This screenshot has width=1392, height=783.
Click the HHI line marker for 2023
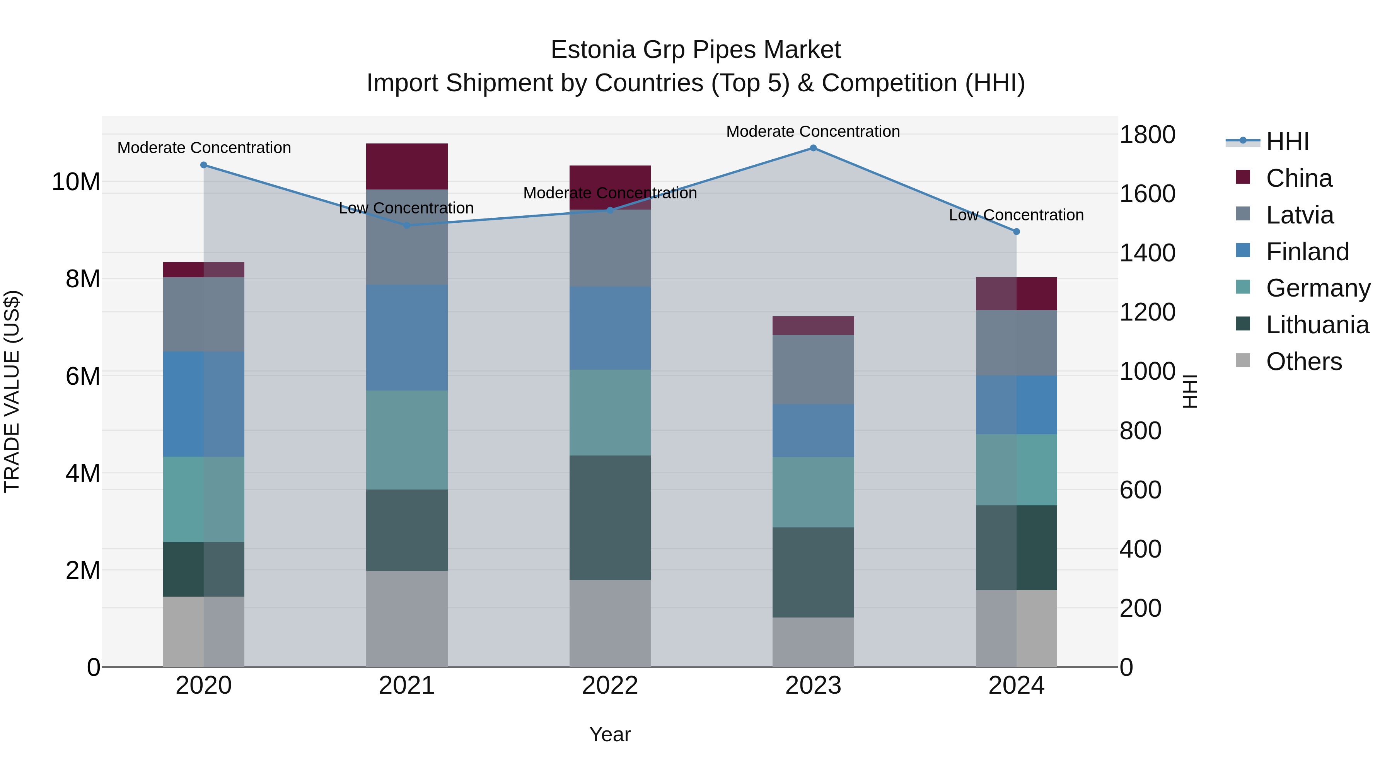(813, 148)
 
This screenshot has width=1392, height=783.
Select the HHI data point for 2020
(204, 165)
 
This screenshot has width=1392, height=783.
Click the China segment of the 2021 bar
(406, 166)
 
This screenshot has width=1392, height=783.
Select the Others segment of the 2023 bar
(813, 642)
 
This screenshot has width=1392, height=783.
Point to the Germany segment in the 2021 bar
(406, 440)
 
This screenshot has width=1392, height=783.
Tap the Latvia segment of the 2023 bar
(813, 370)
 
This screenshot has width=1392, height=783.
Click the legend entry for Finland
(1307, 252)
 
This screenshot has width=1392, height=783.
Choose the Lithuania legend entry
(1317, 325)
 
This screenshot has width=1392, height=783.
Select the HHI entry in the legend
(1287, 142)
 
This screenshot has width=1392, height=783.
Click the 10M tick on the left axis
(76, 182)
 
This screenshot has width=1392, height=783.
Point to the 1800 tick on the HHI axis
(1147, 135)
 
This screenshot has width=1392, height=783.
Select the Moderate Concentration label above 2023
(813, 131)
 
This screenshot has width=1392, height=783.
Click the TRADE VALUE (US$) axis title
(12, 391)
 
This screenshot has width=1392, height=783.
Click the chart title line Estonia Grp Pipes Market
(696, 50)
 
